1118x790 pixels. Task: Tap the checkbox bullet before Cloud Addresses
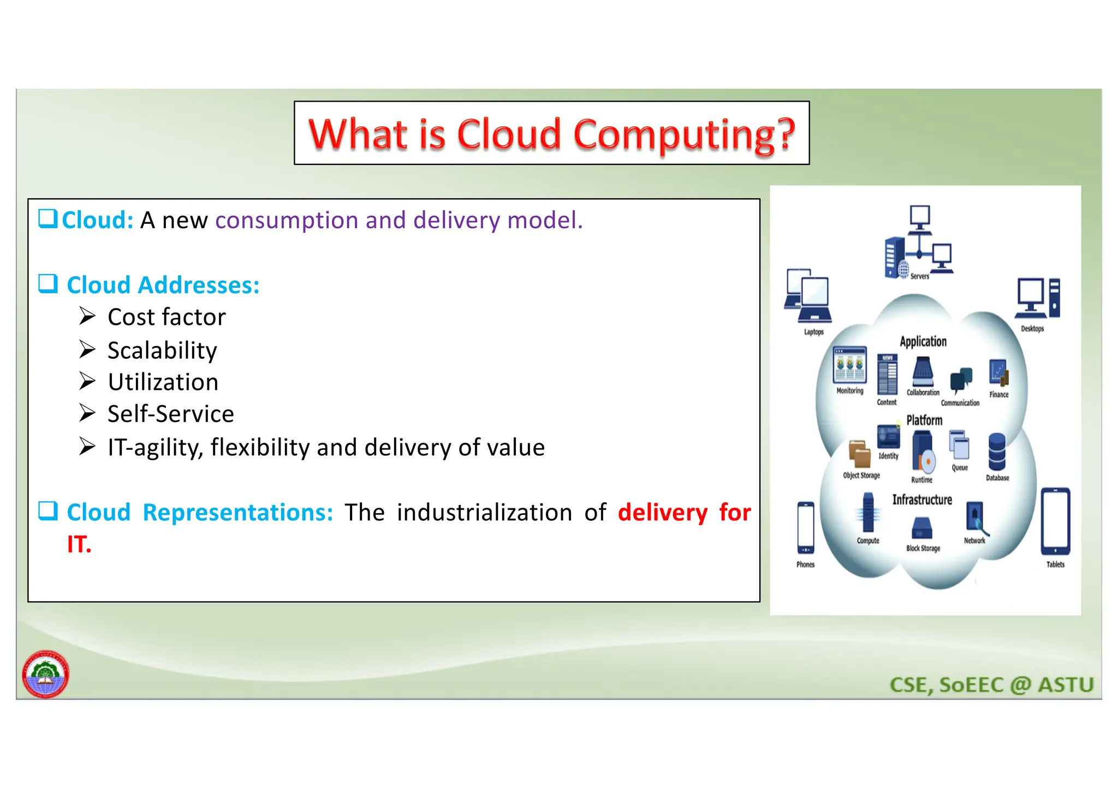coord(48,283)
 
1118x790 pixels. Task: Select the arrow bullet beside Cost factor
coord(87,316)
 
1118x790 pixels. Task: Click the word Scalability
coord(162,351)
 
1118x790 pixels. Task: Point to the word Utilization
coord(163,382)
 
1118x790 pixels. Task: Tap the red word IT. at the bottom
coord(79,545)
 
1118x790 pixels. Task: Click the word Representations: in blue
coord(237,513)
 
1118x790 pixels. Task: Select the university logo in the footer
coord(45,674)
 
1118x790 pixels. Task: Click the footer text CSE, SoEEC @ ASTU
coord(991,685)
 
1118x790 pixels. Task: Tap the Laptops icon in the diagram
coord(808,296)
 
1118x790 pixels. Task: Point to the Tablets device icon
coord(1055,521)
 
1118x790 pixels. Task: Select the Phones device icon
coord(805,527)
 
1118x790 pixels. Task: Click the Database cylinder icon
coord(997,452)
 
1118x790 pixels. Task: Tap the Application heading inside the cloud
coord(923,342)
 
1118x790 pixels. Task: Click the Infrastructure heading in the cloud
coord(922,500)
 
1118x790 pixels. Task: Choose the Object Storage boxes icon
coord(859,454)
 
